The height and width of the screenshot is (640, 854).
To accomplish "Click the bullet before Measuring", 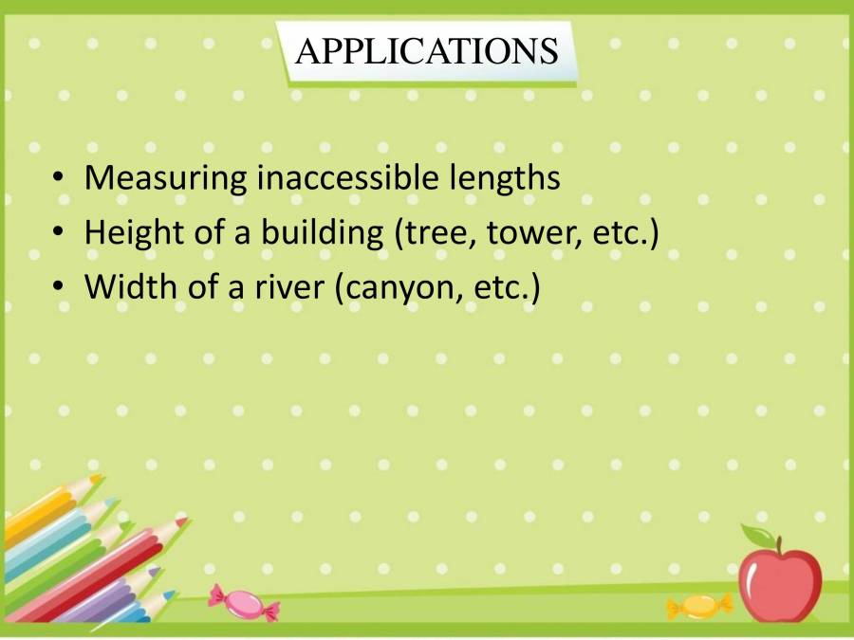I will pos(60,178).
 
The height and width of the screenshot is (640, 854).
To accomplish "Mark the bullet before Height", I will pos(60,233).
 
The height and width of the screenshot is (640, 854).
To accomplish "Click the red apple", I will pos(779,584).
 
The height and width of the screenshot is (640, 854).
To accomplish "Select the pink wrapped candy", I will pos(243,602).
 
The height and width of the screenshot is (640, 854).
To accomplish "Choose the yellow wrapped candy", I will pos(699,605).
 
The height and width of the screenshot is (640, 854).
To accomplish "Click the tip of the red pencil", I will pos(182,521).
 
